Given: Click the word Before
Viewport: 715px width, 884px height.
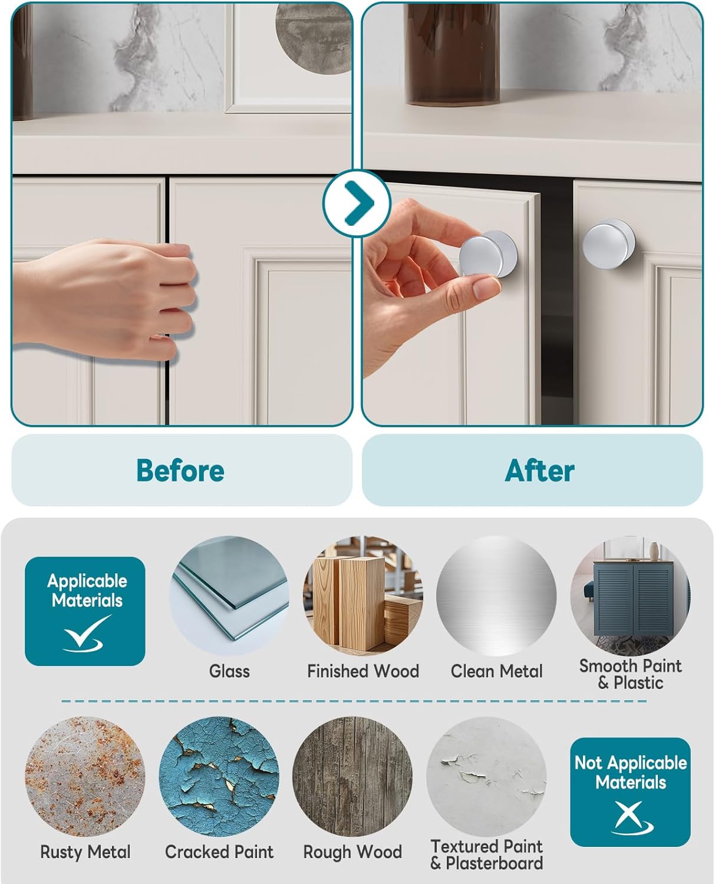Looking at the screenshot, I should coord(180,470).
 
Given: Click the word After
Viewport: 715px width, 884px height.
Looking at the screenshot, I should coord(539,470).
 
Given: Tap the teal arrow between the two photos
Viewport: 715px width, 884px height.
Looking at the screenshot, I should coord(357,203).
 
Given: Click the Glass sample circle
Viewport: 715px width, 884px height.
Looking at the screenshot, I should coord(229,595).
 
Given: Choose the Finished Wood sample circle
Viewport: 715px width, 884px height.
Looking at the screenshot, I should coord(363,595).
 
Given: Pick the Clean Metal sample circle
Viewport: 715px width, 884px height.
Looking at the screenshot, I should coord(496,595).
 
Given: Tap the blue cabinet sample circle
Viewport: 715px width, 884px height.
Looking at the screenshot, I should coord(630,595).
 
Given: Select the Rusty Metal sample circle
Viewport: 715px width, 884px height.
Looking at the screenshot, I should coord(85,776).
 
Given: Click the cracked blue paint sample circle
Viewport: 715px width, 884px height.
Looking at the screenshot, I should coord(219,776).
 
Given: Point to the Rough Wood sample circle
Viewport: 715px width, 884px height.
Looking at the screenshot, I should coord(352,776).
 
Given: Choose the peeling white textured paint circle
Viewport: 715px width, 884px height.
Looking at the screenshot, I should coord(486,776).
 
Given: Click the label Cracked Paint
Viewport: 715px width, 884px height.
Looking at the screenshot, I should coord(219,852).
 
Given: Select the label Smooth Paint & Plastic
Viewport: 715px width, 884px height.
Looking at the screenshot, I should coord(630,674).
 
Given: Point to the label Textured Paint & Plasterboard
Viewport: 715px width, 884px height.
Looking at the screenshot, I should coord(486,855).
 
